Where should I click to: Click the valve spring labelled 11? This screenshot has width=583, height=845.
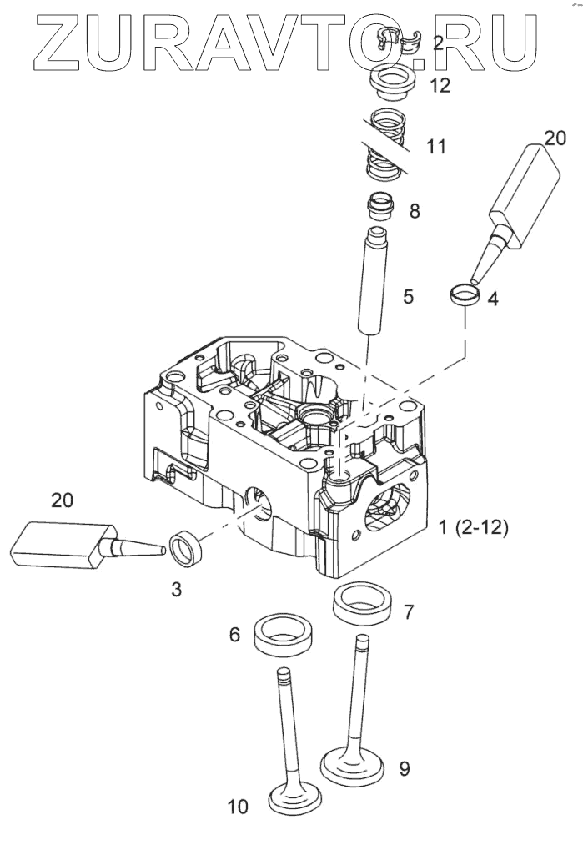[385, 146]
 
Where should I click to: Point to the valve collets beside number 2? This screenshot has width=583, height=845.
[396, 39]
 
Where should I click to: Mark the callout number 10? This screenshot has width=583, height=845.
[238, 806]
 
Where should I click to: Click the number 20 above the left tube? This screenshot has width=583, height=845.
[63, 500]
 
